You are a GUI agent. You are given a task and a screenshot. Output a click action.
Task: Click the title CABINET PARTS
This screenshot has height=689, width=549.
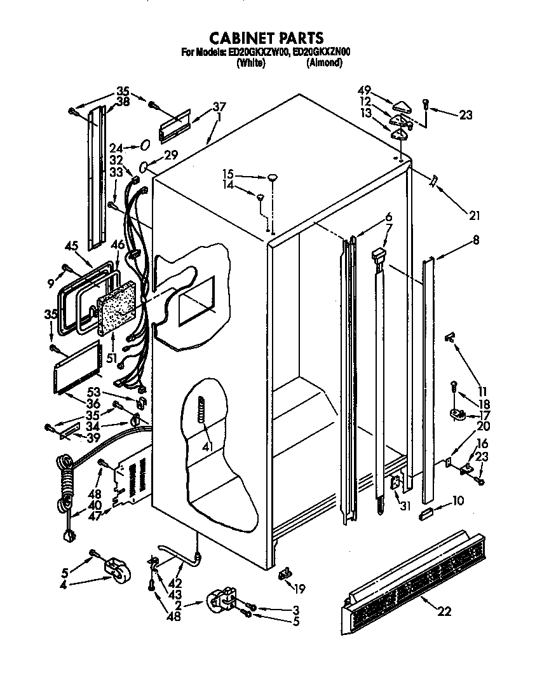[x=266, y=38]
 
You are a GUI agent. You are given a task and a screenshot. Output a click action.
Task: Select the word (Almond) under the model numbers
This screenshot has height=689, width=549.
[x=324, y=63]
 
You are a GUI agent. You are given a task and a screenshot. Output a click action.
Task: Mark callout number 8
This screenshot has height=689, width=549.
[x=476, y=240]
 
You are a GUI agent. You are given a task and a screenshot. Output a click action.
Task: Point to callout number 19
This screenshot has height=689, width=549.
[x=299, y=589]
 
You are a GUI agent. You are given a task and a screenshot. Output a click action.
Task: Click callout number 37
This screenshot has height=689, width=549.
[x=219, y=106]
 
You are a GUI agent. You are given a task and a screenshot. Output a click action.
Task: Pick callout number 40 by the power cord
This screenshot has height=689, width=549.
[x=95, y=506]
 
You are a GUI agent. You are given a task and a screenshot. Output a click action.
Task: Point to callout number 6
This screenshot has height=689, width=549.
[x=388, y=217]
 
